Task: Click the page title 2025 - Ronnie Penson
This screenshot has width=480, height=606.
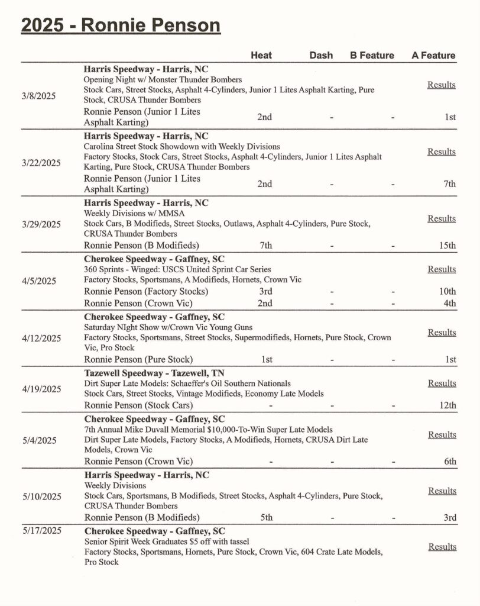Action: coord(121,26)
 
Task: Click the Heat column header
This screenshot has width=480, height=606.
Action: coord(261,55)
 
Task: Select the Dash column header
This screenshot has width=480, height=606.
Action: coord(321,55)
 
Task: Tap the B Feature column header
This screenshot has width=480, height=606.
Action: coord(372,55)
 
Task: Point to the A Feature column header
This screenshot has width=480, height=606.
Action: coord(433,55)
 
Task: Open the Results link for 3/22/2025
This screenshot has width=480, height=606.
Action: coord(442,152)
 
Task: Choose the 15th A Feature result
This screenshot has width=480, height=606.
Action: coord(447,246)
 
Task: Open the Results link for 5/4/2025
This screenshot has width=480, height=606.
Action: coord(442,435)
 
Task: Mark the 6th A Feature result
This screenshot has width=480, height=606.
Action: coord(450,462)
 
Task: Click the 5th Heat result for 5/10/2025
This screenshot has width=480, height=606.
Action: coord(266,518)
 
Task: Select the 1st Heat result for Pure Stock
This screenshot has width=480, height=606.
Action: coord(266,359)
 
